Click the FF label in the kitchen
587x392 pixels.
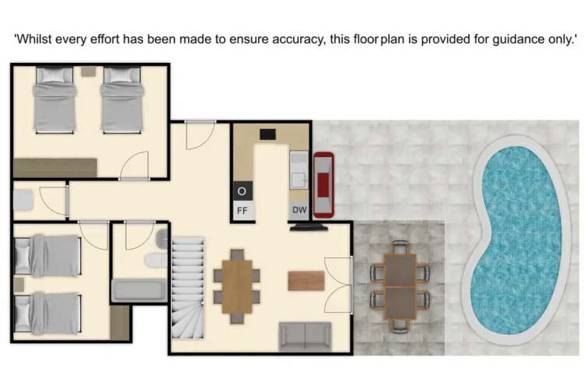coord(242,210)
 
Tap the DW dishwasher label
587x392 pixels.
coord(299,210)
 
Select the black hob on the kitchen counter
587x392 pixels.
coord(268,133)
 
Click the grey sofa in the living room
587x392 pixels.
coord(304,335)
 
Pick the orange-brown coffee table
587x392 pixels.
coord(305,279)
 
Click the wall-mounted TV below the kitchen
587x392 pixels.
coord(309,228)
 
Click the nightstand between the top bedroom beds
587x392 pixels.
coord(87,72)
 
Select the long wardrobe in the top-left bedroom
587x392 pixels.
coord(54,167)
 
